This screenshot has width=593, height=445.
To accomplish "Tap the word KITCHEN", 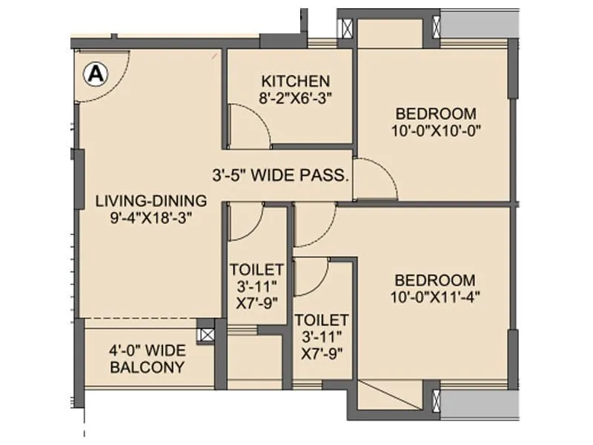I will (x=294, y=81).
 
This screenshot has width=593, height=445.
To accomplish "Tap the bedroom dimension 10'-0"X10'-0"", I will (x=434, y=130).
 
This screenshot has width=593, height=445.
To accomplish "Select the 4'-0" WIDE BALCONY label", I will (x=146, y=359).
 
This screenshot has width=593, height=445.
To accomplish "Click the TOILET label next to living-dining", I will (x=256, y=268).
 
